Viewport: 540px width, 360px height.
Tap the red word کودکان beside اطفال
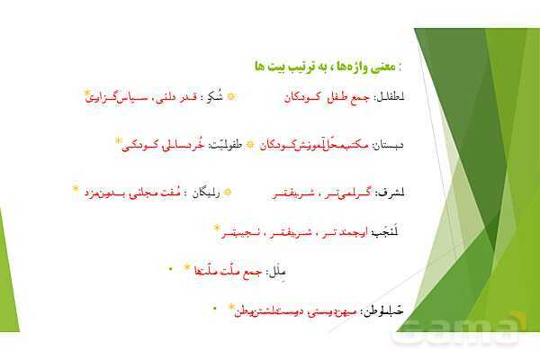tap(294, 96)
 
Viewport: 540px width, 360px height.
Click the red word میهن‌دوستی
tap(332, 312)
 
